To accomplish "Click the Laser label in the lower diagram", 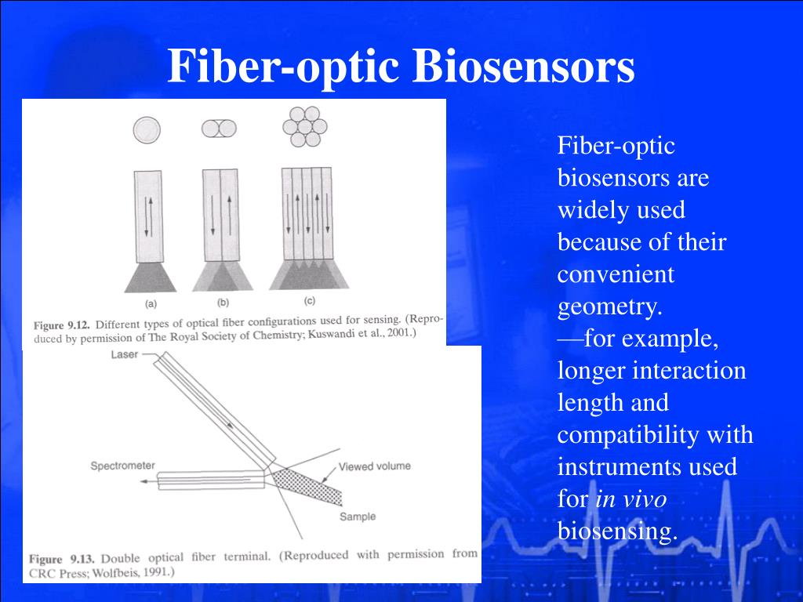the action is coord(125,354).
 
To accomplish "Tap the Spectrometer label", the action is coord(122,466).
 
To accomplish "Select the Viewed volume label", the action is coord(374,466).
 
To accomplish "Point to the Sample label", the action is coord(358,517).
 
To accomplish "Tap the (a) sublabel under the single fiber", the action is coord(151,303).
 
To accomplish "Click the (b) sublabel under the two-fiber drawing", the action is coord(223,302).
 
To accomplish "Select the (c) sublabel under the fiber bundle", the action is coord(309,300).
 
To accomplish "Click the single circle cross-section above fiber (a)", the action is coord(147,130).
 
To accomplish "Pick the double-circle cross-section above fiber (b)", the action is coord(219,129).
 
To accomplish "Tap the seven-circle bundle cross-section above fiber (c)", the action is coord(305,126).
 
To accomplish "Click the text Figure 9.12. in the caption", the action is coord(62,325).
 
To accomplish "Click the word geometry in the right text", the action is coord(609,306).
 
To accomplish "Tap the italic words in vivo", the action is coord(631,499).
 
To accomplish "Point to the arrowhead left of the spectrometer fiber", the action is coord(144,481).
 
